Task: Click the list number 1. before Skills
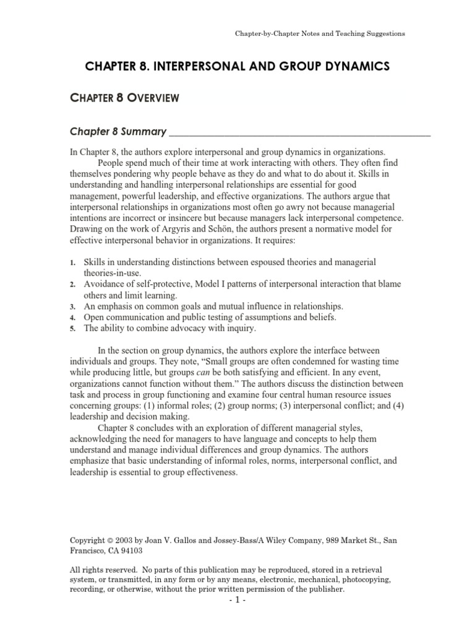(72, 264)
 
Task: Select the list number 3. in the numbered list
(72, 307)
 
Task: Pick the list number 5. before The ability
(72, 329)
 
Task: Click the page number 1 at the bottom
(238, 601)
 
